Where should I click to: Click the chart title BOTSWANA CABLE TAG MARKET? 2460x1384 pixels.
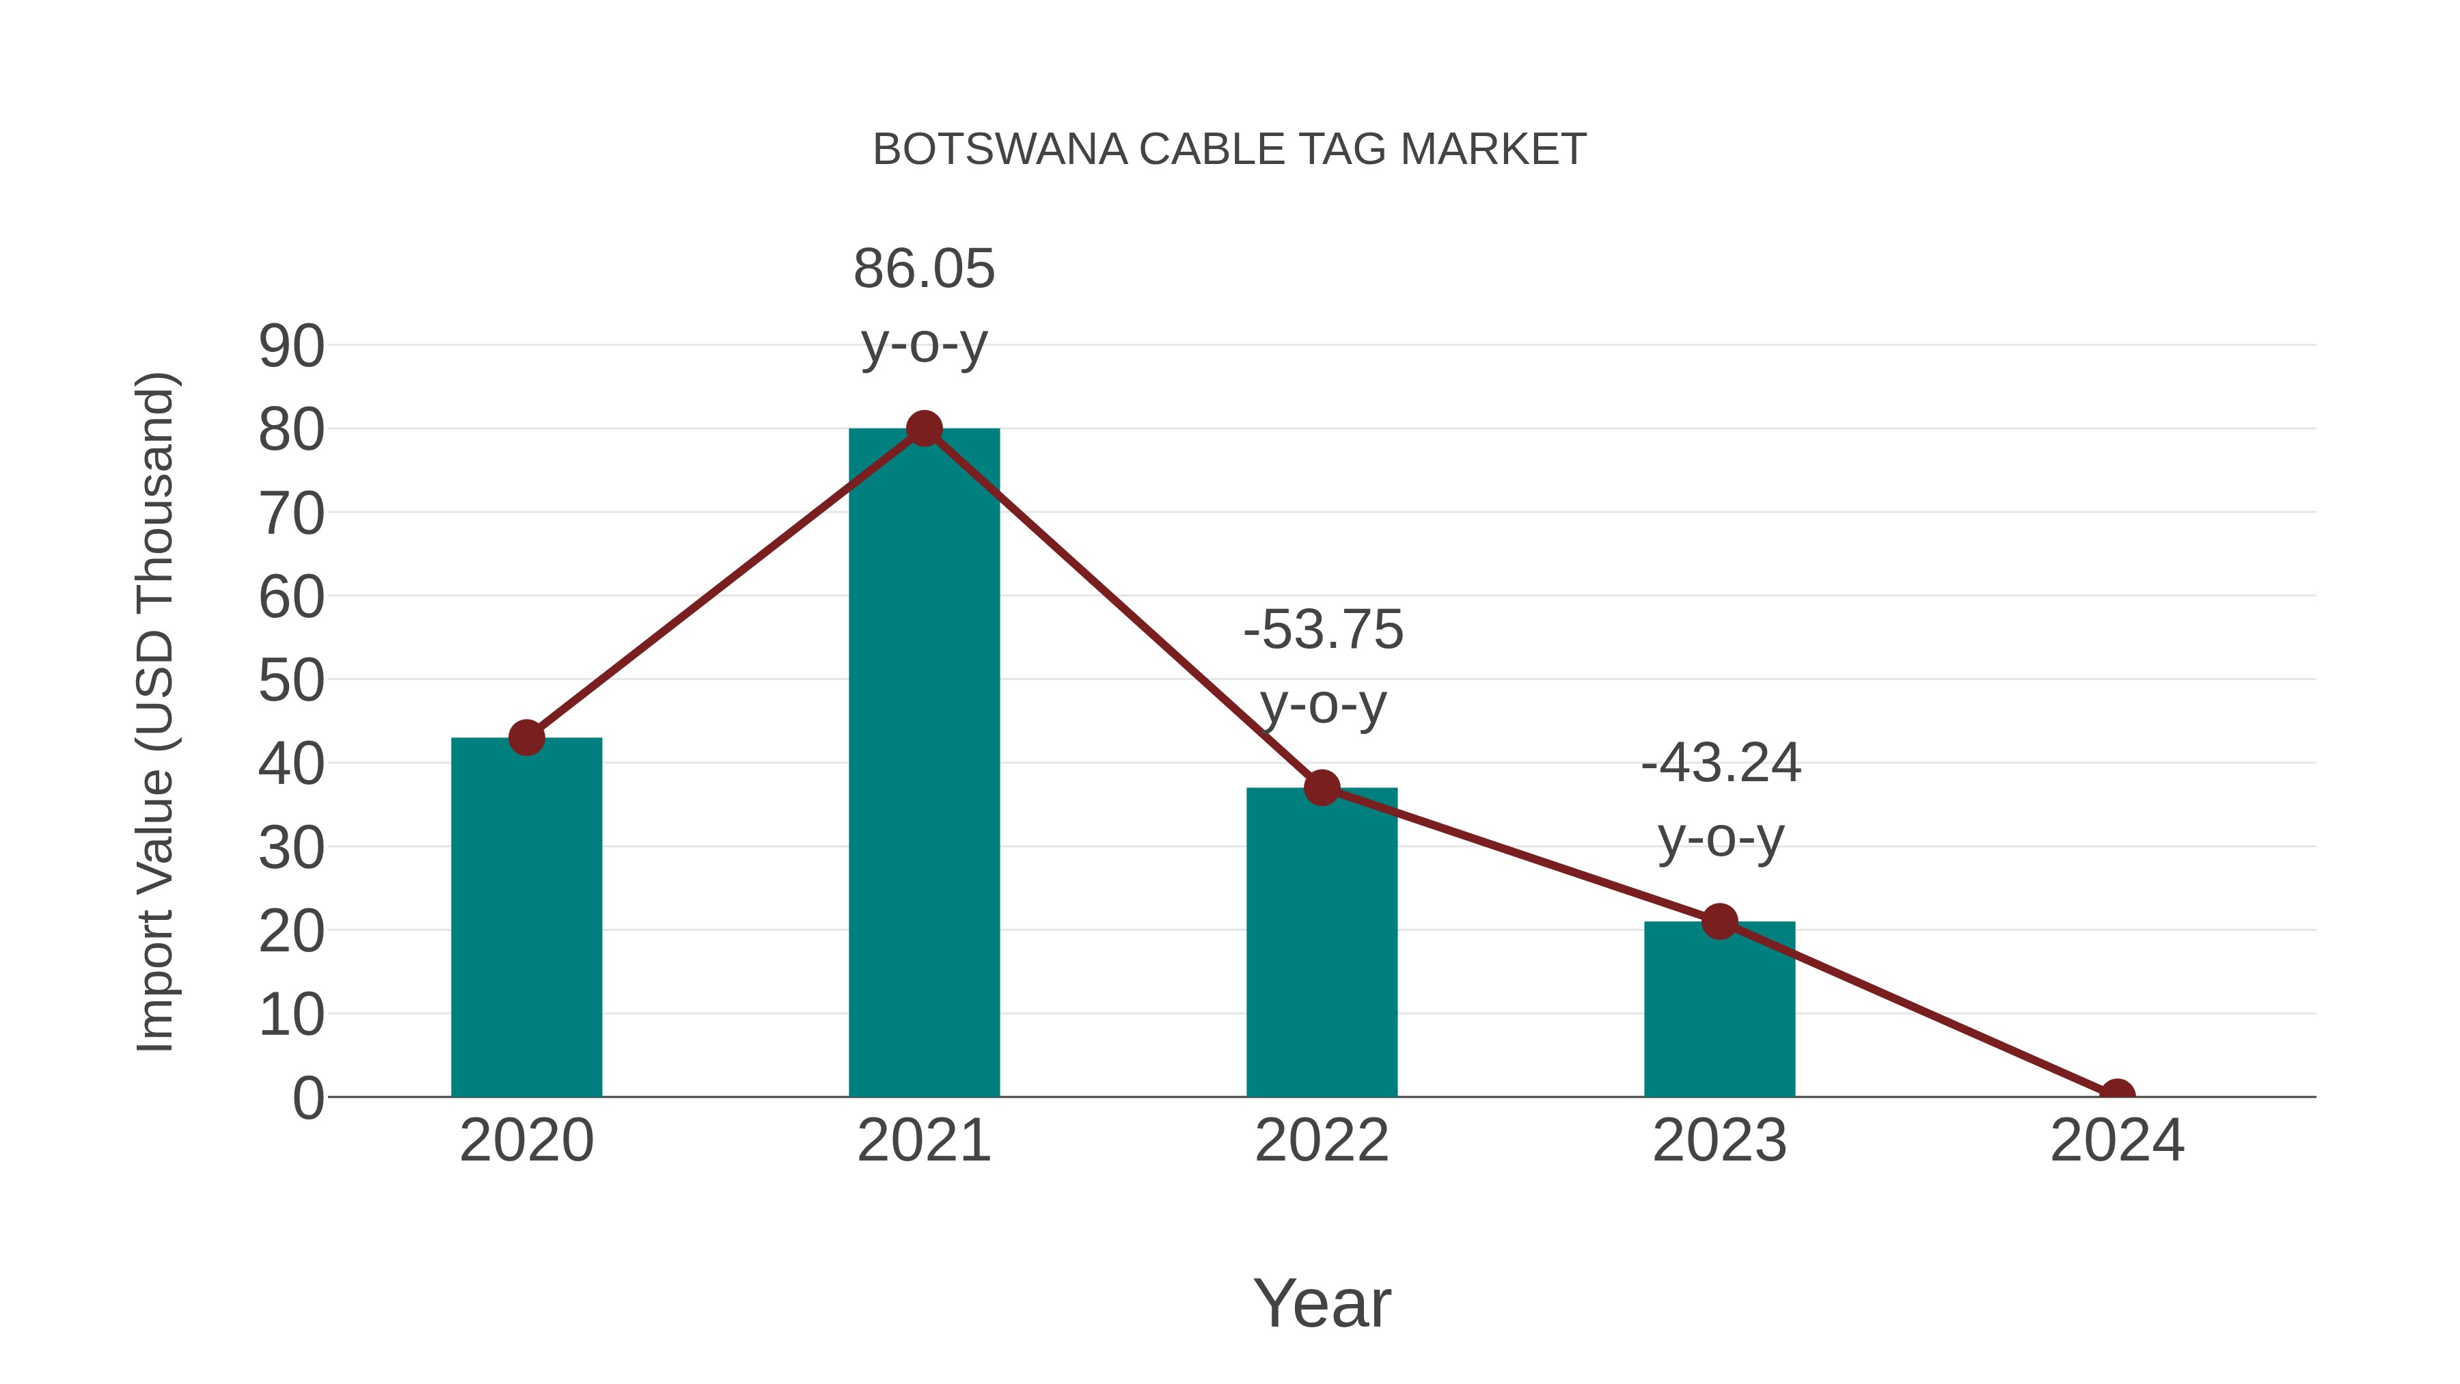click(1229, 150)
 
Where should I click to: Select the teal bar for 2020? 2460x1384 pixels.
click(526, 917)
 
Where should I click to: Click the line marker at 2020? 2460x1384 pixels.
click(526, 737)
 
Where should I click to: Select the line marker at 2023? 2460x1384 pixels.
click(1719, 922)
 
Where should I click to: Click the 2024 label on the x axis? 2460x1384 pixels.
click(2117, 1141)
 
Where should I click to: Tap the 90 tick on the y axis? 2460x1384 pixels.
click(291, 347)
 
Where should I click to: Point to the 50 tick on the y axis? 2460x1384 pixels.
click(291, 681)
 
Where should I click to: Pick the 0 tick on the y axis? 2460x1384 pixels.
click(307, 1098)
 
